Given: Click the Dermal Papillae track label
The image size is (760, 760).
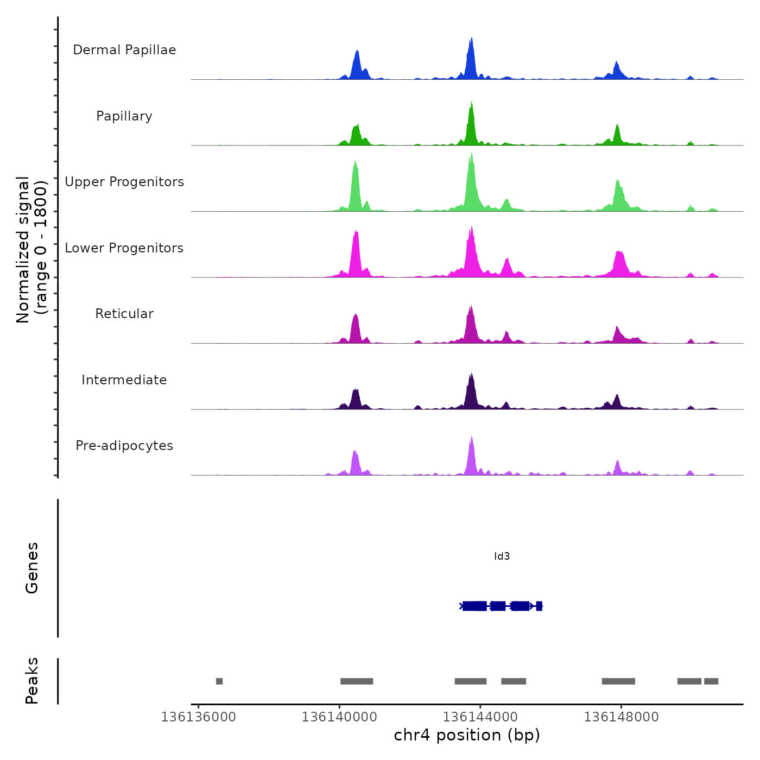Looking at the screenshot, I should pos(124,50).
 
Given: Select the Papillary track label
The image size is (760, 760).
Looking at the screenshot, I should pos(124,116).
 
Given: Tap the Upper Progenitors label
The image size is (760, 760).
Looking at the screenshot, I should pos(124,182).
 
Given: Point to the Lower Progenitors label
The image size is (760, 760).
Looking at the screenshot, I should pos(124,248).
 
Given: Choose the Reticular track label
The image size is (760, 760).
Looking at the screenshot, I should pos(124,314).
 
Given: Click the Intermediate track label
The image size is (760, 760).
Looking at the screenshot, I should pos(124,380).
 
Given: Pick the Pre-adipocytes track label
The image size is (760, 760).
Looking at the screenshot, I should pos(124,446).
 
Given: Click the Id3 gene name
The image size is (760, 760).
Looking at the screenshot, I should pos(502,556).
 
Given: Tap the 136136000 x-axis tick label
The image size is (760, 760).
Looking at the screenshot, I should pos(198,717).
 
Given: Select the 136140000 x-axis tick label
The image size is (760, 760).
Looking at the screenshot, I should pos(339,717).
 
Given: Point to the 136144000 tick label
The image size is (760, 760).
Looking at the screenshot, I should pos(480,717).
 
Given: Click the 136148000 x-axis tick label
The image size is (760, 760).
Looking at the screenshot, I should pos(621,717).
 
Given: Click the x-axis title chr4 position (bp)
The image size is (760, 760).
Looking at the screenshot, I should pos(467,735).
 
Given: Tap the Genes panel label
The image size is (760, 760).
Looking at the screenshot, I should pos(31,567).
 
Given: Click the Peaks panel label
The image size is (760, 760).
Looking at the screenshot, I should pos(31,681).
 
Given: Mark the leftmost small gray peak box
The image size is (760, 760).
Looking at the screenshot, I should pos(219,681).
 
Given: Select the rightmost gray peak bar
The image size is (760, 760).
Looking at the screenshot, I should pos(711,681).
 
